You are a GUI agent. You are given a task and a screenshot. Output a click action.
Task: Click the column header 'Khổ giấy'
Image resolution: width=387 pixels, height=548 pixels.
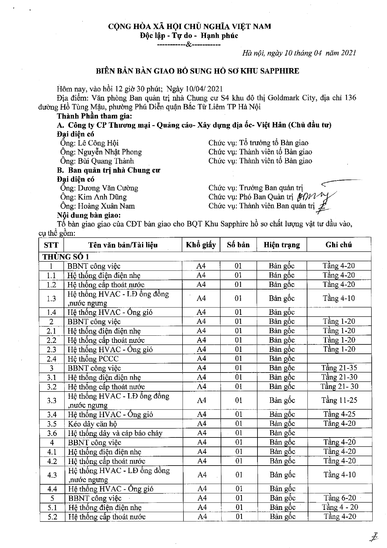[x=201, y=245]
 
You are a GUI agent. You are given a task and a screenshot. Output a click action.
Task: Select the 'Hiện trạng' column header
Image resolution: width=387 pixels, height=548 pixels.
[x=282, y=245]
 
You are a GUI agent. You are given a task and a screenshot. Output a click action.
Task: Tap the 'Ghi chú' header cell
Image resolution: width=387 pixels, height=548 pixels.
[x=339, y=245]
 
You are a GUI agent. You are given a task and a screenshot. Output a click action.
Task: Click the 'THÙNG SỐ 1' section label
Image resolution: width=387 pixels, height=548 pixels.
[x=66, y=257]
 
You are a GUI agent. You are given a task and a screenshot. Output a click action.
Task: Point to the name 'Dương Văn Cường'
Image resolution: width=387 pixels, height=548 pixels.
[x=108, y=188]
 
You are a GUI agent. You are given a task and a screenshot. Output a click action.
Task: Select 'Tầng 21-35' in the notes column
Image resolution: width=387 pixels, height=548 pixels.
[x=339, y=368]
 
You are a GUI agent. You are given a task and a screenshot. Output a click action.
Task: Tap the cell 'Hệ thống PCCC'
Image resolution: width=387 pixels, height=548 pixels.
[x=93, y=359]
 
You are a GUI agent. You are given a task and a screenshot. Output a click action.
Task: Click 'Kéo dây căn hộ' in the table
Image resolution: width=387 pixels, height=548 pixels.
[x=92, y=424]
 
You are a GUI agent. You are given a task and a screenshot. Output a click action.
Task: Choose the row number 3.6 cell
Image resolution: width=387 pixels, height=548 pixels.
[x=52, y=433]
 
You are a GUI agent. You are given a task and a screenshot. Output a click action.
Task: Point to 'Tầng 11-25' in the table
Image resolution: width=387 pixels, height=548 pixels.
[x=339, y=400]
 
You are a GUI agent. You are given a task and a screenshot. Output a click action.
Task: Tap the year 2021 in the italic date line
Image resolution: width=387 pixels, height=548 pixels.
[x=349, y=53]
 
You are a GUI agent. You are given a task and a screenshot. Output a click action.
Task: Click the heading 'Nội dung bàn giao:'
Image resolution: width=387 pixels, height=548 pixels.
[x=89, y=215]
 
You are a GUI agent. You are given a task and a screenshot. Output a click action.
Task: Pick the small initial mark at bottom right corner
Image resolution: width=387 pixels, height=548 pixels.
[x=373, y=537]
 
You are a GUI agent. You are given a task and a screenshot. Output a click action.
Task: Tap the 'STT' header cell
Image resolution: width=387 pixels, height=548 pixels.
[x=51, y=245]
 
